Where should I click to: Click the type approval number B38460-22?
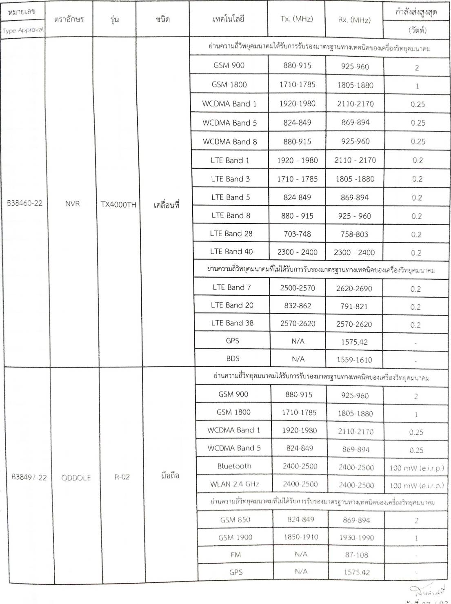coord(24,203)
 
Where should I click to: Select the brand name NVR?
coord(72,204)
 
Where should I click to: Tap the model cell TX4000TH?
coord(118,205)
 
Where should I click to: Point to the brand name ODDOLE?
coord(76,478)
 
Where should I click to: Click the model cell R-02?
coord(122,477)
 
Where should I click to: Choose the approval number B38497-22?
coord(29,477)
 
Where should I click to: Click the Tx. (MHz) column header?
coord(297,19)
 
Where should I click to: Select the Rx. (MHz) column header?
coord(354,20)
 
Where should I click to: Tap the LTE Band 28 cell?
coord(231,234)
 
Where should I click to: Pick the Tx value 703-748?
coord(297,234)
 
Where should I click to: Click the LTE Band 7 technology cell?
coord(232,287)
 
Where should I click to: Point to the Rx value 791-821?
coord(354,306)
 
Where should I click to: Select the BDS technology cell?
coord(233,358)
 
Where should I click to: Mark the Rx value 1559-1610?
coord(354,360)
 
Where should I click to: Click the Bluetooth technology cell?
coord(234,466)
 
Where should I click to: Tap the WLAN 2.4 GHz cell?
coord(235,484)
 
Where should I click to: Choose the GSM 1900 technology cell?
coord(235,538)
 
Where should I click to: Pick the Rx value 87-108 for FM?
coord(356,555)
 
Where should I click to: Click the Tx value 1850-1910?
coord(301,537)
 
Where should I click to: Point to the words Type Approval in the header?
coord(23,30)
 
